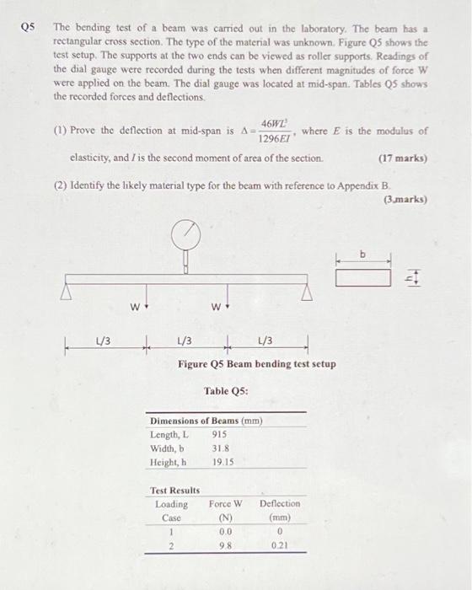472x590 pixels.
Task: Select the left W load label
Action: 134,307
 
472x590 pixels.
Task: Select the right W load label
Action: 214,307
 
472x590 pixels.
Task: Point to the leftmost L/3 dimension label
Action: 102,340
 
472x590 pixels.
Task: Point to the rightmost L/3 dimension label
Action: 264,340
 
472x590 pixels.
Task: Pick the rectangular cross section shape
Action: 364,276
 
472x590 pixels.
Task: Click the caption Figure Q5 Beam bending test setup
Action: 256,364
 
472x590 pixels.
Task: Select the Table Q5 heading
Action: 224,390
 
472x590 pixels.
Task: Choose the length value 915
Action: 220,435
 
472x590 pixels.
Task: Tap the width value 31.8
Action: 221,448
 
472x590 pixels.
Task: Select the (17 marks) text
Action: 403,158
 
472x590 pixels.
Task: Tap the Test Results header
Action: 174,490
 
